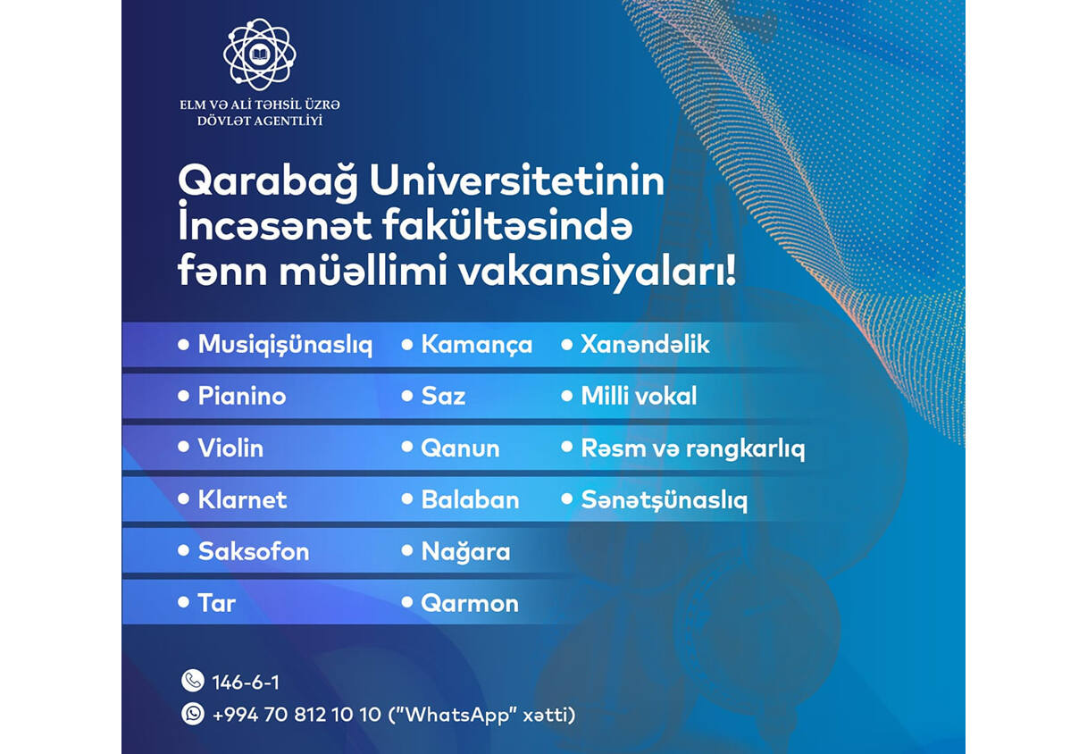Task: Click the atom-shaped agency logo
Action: (260, 54)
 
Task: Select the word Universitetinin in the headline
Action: (517, 180)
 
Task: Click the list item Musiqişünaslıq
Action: (285, 345)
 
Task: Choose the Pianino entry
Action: (242, 396)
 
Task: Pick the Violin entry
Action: (230, 448)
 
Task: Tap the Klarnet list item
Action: (243, 499)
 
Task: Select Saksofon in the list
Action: (254, 551)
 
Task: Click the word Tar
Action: (217, 604)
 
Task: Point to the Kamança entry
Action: (477, 345)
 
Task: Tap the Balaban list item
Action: (470, 499)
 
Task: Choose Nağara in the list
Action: (466, 552)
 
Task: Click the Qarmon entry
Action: (470, 604)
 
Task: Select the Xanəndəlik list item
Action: (646, 344)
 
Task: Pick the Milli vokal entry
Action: (639, 396)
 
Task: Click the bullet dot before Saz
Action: (407, 396)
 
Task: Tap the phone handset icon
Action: (193, 680)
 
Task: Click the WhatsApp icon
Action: (193, 714)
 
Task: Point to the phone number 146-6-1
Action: (246, 683)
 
